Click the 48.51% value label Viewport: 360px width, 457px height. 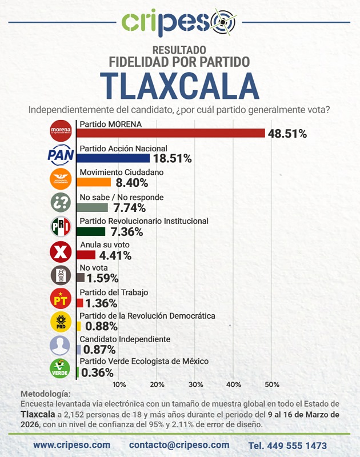click(287, 134)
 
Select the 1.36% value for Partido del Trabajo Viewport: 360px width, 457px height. click(102, 303)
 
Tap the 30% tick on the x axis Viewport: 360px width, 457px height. click(195, 383)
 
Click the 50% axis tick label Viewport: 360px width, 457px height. click(271, 383)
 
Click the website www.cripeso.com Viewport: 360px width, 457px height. click(72, 444)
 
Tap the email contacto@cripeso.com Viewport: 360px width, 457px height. click(179, 444)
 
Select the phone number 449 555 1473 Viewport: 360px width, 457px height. click(287, 445)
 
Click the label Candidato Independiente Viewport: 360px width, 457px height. click(125, 339)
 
